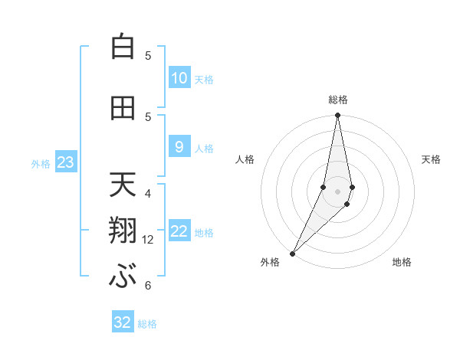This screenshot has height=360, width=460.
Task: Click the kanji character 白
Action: click(123, 47)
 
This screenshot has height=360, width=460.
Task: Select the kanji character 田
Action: click(123, 108)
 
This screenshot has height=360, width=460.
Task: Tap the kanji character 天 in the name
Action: click(123, 184)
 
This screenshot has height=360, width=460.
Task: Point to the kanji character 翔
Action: click(123, 232)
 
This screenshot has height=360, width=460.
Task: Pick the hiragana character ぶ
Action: click(123, 277)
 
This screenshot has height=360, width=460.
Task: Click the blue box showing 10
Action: click(179, 78)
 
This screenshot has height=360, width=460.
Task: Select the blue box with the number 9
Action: click(179, 147)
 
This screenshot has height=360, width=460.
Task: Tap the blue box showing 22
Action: click(179, 231)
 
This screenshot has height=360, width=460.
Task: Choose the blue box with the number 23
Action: click(65, 162)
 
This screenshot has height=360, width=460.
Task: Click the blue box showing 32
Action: click(123, 322)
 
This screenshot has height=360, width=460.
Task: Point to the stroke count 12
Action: click(148, 240)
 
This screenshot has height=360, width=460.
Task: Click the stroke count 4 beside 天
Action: click(148, 193)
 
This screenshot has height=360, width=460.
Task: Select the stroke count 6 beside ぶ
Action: click(148, 286)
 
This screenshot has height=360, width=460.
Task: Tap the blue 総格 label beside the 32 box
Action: click(148, 324)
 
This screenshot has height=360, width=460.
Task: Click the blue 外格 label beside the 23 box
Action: click(41, 163)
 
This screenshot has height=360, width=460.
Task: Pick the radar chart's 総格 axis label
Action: click(337, 100)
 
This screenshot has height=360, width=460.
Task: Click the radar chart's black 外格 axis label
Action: click(270, 262)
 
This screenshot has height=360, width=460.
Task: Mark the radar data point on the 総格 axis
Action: click(337, 116)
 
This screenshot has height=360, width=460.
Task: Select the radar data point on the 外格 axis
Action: click(292, 253)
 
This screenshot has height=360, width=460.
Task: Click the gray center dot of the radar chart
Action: click(337, 191)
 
